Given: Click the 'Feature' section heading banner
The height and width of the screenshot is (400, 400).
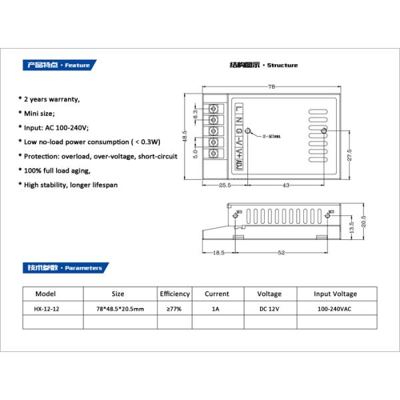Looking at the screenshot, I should tap(59, 65).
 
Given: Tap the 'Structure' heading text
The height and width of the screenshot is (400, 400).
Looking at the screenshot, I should tap(264, 65).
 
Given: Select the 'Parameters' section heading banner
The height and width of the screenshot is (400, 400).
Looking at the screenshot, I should tap(64, 268).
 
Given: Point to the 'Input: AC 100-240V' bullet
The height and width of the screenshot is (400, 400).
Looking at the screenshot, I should tap(57, 127).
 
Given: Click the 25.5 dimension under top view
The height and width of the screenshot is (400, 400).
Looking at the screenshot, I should tap(225, 185).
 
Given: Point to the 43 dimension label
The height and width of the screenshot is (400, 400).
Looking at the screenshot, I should tap(285, 185).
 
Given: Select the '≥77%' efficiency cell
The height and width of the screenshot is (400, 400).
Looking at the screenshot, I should tap(175, 309).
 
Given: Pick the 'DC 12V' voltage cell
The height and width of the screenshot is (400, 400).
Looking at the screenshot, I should tap(269, 309).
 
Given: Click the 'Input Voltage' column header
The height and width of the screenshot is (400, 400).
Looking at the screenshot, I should tap(335, 293).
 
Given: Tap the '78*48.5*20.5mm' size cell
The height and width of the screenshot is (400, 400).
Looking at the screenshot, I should tap(117, 309).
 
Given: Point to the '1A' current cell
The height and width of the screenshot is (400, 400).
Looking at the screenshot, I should tap(215, 309).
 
